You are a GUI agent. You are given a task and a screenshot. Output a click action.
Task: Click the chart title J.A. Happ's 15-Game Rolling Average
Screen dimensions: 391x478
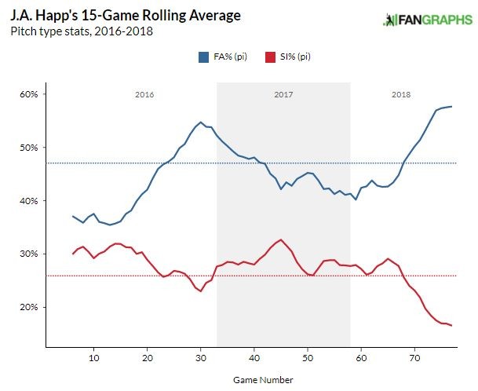(x=125, y=16)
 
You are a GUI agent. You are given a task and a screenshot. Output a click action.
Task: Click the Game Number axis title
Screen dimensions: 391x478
(x=264, y=380)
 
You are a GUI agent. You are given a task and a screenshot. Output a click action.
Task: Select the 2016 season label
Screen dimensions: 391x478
(x=144, y=94)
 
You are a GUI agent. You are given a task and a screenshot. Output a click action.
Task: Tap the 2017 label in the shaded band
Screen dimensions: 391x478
(x=283, y=94)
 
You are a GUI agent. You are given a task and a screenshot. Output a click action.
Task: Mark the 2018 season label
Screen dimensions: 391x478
(x=401, y=94)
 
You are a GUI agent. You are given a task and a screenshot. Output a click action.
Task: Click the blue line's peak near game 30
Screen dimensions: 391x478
(x=201, y=122)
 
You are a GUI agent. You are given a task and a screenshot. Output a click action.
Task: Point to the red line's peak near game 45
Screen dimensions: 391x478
(x=280, y=239)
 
